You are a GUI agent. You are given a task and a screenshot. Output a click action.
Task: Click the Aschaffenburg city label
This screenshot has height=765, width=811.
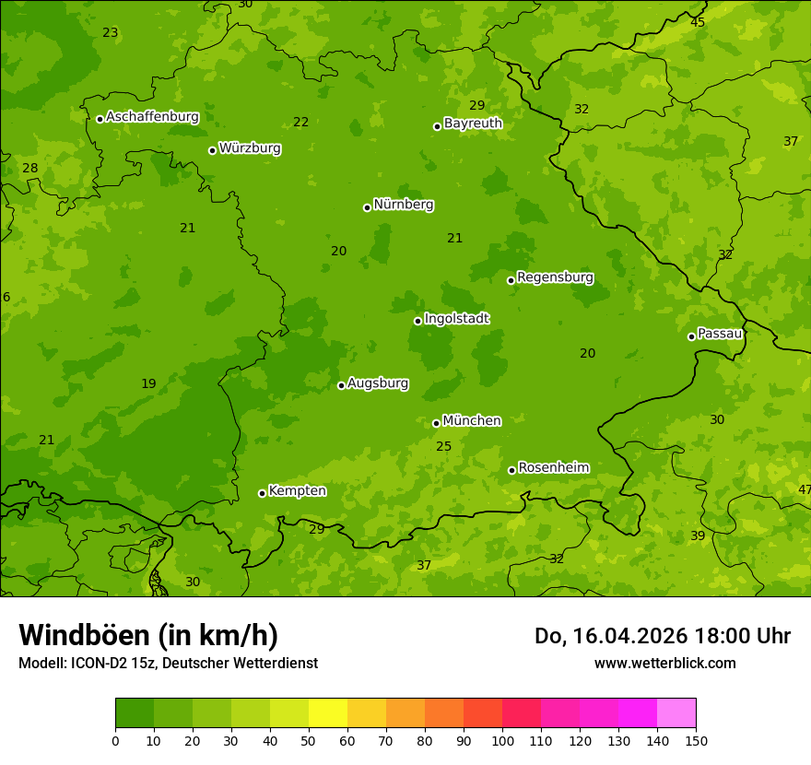pos(152,117)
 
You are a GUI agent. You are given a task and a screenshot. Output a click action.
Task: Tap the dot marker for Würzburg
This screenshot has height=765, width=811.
pos(212,150)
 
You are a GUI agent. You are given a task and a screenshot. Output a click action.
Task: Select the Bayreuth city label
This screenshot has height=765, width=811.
pos(473,124)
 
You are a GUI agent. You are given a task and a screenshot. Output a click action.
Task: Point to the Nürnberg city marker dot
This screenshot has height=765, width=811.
pos(367,207)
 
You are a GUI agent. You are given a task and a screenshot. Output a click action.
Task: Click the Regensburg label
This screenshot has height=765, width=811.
pos(555,277)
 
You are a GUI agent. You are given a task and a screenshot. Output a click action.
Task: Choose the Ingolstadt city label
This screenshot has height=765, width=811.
pos(456,319)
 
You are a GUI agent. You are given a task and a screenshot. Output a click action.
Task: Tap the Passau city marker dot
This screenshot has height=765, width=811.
pos(691,336)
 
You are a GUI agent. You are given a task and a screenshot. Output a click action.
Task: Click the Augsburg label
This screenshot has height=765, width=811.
pos(378,383)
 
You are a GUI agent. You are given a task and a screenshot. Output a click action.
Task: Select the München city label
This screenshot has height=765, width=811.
pos(472,421)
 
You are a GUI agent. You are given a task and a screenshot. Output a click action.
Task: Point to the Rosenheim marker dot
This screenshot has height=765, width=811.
pos(511,470)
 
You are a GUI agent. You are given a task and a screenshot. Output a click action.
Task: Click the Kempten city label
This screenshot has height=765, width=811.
pos(297,491)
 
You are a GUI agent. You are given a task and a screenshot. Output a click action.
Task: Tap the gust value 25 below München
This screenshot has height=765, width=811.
pos(443,447)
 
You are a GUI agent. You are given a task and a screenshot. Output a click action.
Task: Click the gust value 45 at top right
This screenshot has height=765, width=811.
pos(698,22)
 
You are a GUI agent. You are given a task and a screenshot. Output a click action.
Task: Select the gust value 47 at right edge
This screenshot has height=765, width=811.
pos(805,489)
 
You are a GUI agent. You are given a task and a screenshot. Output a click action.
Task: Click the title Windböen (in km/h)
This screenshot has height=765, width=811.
pos(148,635)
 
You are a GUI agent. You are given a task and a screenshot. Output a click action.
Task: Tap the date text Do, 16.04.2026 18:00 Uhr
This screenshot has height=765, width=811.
pos(662,636)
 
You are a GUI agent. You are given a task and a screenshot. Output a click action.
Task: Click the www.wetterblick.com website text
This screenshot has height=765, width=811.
pos(664,664)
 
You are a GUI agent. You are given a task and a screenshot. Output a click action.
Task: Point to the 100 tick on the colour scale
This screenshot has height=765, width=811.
pos(502,740)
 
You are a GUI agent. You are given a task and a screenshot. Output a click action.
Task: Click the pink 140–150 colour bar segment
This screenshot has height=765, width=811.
pos(676,713)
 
